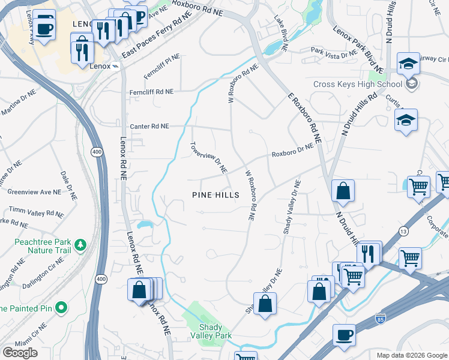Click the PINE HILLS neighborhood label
[215, 195]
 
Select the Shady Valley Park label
[215, 332]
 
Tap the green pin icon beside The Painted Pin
[61, 308]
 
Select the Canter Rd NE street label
[150, 127]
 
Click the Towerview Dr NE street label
[208, 158]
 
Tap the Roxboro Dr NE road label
[292, 150]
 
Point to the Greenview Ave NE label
[34, 193]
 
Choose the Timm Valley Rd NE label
[36, 212]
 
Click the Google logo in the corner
[20, 352]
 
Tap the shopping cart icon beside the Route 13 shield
[410, 258]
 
